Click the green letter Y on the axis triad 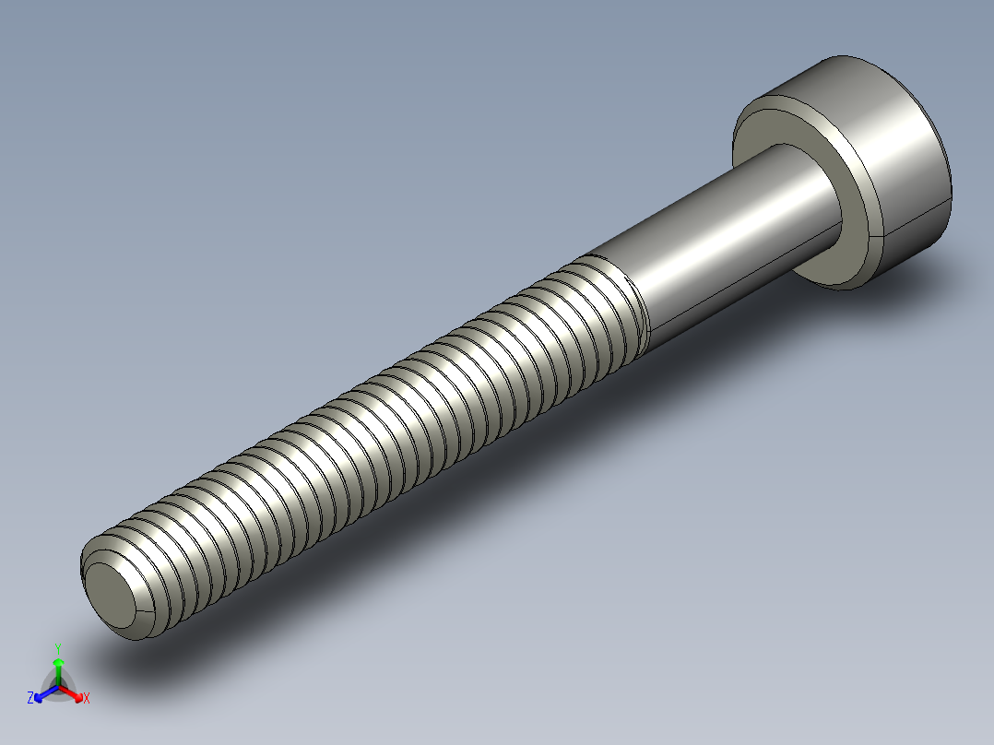[x=58, y=648]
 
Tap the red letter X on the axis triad [x=87, y=699]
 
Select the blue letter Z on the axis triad [x=30, y=699]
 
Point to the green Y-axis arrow [x=58, y=666]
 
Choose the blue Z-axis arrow [x=41, y=694]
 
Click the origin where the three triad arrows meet [x=58, y=685]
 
